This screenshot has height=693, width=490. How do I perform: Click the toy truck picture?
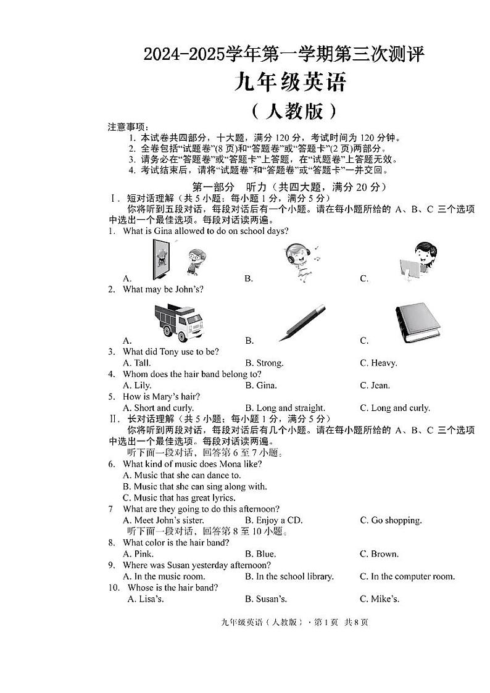(179, 321)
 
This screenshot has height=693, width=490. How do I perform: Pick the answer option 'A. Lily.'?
(138, 386)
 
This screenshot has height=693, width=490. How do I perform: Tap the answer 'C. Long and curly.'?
(395, 408)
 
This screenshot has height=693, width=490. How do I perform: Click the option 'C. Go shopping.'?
(391, 520)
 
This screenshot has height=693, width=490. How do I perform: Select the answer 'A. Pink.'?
(137, 554)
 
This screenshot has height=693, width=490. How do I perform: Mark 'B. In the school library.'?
(289, 576)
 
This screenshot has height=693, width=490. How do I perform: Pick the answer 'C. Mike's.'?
(380, 599)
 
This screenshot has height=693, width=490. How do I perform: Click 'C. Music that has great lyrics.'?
(179, 497)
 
